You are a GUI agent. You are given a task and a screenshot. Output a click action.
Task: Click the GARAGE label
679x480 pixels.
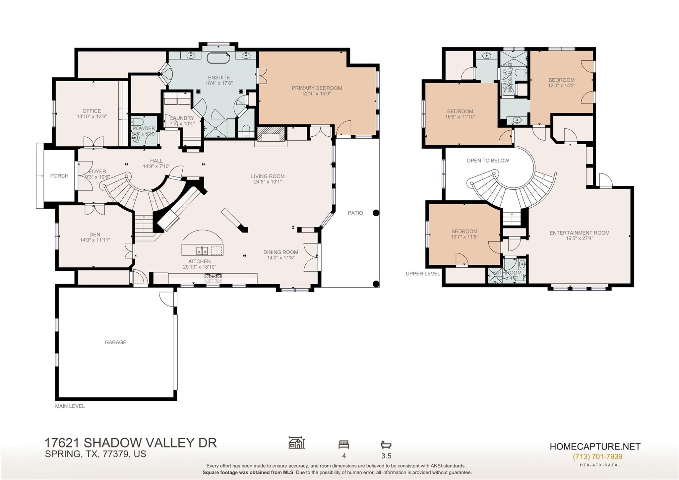point(115,342)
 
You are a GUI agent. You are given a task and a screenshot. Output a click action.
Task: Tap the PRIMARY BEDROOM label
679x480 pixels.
point(317,88)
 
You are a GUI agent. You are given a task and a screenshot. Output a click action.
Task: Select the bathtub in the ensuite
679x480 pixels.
point(218,58)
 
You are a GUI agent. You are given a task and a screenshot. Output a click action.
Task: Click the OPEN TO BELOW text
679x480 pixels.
point(488,161)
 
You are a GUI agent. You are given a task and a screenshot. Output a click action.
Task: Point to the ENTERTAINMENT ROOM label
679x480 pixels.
point(579,233)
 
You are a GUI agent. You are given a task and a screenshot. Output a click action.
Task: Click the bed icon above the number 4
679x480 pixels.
point(344,444)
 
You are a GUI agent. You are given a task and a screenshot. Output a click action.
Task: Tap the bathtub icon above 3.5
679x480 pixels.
point(386,445)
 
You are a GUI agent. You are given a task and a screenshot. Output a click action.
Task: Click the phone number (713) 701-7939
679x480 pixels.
point(597,456)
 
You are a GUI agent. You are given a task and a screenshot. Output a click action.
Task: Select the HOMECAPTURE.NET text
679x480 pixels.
point(595,446)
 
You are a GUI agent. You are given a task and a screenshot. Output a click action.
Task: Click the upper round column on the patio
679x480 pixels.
point(376,213)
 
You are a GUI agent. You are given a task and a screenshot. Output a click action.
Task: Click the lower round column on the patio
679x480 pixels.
point(376,284)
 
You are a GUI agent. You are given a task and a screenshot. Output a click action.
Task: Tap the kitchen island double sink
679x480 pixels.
point(202,250)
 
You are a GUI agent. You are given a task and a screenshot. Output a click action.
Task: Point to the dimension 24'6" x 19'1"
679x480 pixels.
point(268,182)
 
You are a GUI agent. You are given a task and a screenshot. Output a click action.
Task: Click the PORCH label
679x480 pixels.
point(59,176)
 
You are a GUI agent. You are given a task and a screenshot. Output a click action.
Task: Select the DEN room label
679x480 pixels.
point(95,235)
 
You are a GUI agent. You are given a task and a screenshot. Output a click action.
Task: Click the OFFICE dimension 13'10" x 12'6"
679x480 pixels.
point(92,116)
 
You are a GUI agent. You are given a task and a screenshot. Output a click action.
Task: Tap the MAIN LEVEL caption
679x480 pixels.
point(70,406)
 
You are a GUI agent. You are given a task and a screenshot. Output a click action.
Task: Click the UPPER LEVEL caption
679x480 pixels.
point(423,274)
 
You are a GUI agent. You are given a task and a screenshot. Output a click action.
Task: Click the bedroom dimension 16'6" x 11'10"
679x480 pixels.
point(460,117)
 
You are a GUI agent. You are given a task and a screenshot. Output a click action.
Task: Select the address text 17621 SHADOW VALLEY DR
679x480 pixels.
point(131,443)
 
